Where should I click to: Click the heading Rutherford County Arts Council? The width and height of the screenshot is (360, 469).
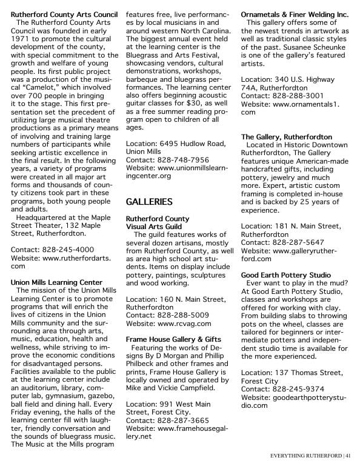(64, 12)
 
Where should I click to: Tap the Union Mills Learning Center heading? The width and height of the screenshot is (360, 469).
(56, 282)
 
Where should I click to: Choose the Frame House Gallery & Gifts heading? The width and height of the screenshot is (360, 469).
(173, 340)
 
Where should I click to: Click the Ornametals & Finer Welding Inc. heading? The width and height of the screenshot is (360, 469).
(295, 12)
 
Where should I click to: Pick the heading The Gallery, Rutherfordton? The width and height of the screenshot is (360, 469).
(287, 137)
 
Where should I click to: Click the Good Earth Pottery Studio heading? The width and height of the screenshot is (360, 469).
(285, 274)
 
